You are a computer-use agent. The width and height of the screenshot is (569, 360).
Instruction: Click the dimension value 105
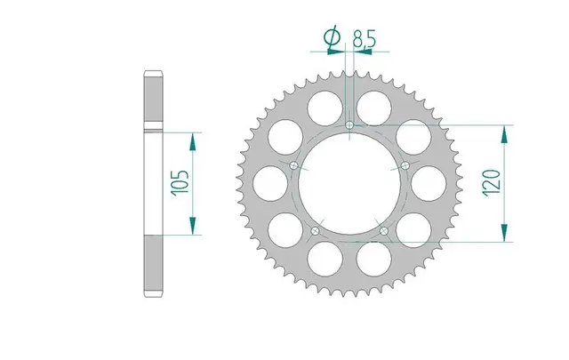[180, 183]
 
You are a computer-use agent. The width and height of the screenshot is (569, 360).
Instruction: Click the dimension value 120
[492, 182]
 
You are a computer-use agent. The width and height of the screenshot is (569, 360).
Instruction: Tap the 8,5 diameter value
[364, 39]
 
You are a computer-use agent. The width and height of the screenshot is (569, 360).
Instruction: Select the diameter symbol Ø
[333, 36]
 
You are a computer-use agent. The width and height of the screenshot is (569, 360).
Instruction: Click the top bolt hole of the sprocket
[349, 125]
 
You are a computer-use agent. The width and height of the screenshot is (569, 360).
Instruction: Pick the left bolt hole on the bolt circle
[294, 166]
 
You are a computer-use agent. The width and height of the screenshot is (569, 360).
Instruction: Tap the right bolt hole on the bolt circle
[405, 166]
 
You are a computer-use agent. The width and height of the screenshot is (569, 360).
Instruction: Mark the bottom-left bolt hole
[315, 231]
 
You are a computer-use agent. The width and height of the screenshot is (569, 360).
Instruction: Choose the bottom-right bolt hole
[384, 231]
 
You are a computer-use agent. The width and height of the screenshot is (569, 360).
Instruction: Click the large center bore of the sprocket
[349, 184]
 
